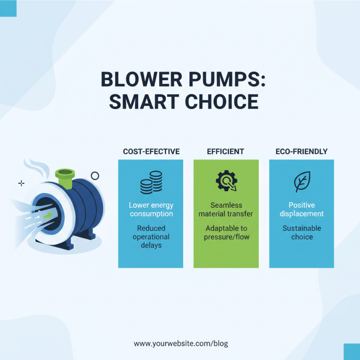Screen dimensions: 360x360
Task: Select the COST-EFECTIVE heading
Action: [151, 152]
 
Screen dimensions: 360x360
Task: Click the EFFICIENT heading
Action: [226, 152]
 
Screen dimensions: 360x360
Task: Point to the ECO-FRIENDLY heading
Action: [301, 152]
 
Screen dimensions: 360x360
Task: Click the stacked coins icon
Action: [151, 182]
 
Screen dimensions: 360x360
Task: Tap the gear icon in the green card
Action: [226, 181]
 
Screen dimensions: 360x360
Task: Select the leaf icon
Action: [301, 182]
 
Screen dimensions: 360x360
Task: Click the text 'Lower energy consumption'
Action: [151, 209]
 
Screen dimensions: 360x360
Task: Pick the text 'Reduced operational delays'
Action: [151, 237]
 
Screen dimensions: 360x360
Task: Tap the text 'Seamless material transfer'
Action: [226, 209]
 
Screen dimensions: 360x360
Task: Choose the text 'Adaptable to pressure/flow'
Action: [226, 233]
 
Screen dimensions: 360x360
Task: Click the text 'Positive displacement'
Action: [301, 209]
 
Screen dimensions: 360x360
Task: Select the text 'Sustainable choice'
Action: [301, 233]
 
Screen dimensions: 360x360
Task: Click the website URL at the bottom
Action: [181, 343]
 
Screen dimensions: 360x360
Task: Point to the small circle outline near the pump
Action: [94, 176]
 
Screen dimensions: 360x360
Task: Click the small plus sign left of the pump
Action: [21, 183]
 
